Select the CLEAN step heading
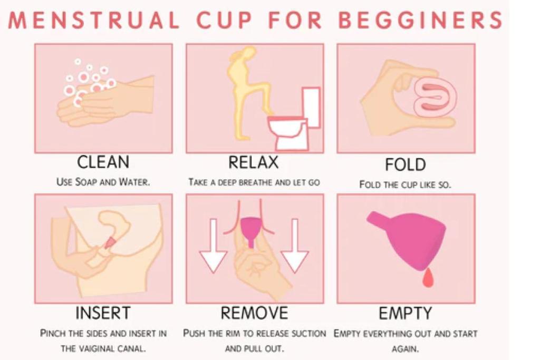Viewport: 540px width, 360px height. tap(103, 162)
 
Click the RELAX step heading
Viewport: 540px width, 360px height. tap(253, 162)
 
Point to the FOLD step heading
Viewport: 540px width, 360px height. tap(405, 164)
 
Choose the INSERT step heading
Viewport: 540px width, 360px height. tap(103, 313)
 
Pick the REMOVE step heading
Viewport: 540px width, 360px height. tap(254, 313)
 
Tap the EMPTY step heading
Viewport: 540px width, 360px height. tap(405, 313)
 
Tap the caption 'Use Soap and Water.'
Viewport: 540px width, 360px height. tap(103, 182)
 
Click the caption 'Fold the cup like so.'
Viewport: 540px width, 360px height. tap(405, 184)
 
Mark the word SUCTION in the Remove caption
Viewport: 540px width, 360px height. tap(307, 334)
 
